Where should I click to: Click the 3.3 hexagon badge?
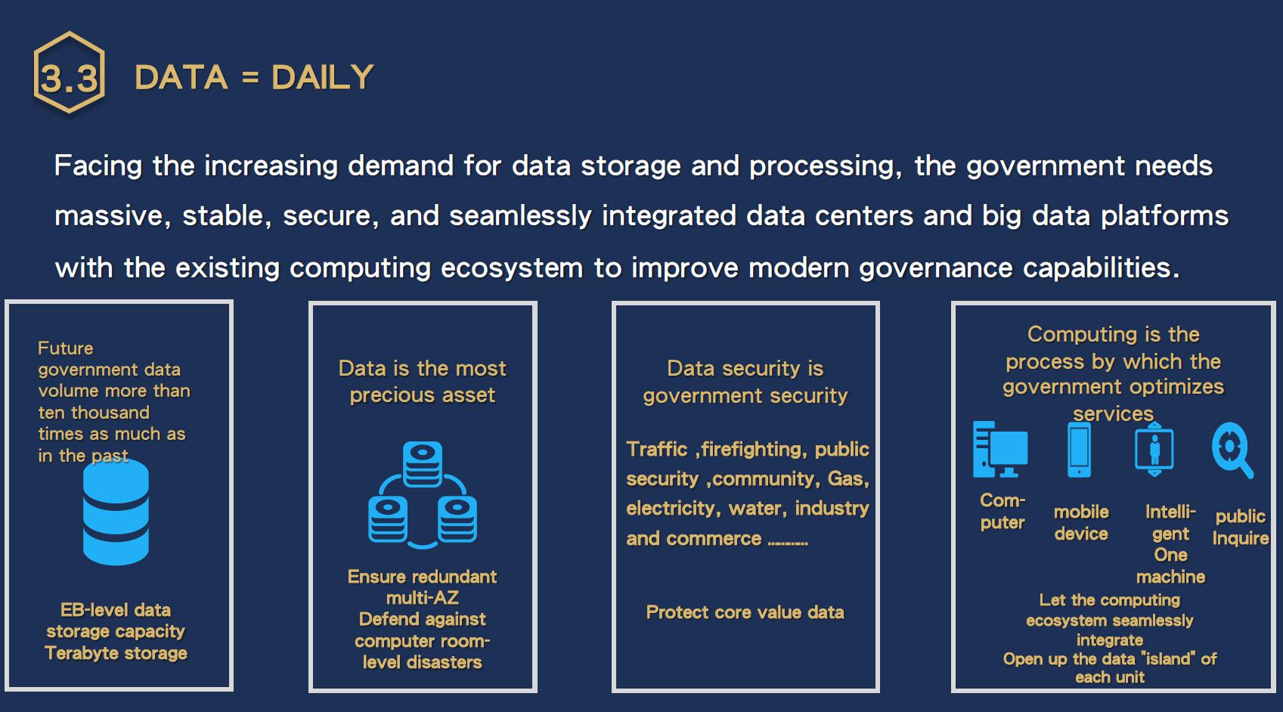(x=69, y=74)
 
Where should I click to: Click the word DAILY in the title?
(x=322, y=77)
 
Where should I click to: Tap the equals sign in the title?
(x=249, y=77)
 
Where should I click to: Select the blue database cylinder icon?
(x=116, y=512)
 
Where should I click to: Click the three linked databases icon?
(x=422, y=494)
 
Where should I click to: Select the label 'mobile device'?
(x=1081, y=522)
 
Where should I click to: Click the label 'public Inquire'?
(x=1240, y=527)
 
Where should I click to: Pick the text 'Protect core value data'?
(x=745, y=612)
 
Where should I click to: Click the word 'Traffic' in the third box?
(x=656, y=449)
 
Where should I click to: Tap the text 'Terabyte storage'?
(x=116, y=653)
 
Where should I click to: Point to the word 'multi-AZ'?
(x=422, y=598)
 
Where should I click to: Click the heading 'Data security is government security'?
(x=745, y=382)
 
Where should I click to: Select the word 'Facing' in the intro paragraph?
(x=98, y=166)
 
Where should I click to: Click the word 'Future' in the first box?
(x=66, y=348)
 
